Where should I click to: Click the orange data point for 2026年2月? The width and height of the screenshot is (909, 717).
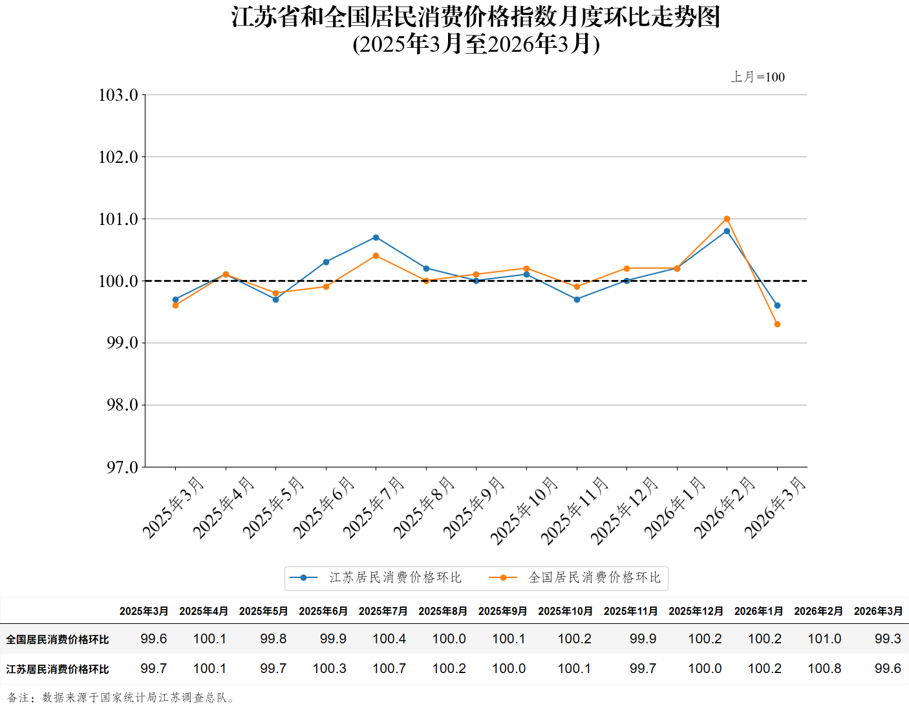pyautogui.click(x=727, y=219)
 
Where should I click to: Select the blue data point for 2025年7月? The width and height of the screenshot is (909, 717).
pyautogui.click(x=376, y=238)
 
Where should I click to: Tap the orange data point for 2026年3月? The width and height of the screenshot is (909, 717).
pyautogui.click(x=777, y=325)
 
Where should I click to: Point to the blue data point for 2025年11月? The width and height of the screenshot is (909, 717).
pyautogui.click(x=577, y=299)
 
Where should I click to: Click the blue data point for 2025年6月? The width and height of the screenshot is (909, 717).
pyautogui.click(x=326, y=262)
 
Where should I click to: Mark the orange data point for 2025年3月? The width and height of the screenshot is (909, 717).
pyautogui.click(x=175, y=306)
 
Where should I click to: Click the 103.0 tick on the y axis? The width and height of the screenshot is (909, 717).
pyautogui.click(x=118, y=95)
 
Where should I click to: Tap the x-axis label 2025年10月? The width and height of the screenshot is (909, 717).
pyautogui.click(x=524, y=510)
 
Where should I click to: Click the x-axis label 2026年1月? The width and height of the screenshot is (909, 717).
pyautogui.click(x=675, y=508)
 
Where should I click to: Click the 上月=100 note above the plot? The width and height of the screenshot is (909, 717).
pyautogui.click(x=758, y=77)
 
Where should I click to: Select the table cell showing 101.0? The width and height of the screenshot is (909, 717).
pyautogui.click(x=824, y=639)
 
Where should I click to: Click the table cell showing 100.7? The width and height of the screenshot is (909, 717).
pyautogui.click(x=389, y=669)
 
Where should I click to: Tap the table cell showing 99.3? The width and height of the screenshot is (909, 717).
pyautogui.click(x=887, y=639)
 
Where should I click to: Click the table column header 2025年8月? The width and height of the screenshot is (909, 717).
pyautogui.click(x=443, y=611)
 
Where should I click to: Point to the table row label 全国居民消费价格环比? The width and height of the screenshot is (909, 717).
pyautogui.click(x=58, y=639)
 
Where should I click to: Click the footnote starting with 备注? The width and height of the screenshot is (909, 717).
pyautogui.click(x=122, y=698)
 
